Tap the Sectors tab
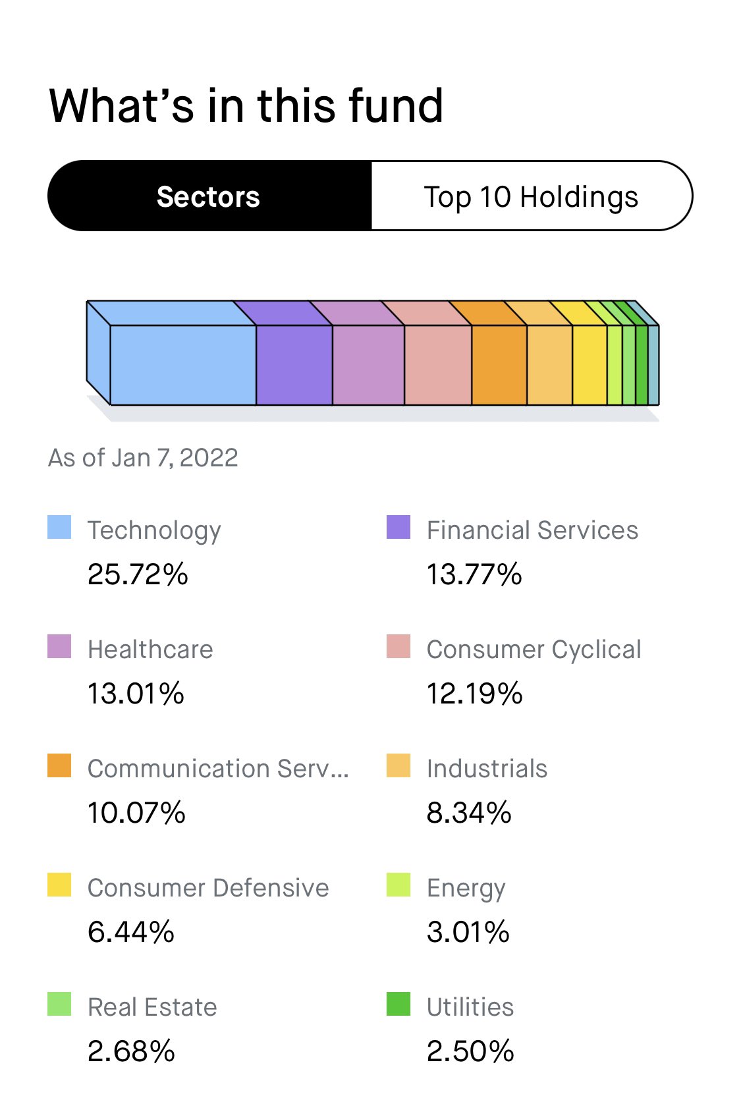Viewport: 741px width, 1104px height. pyautogui.click(x=209, y=196)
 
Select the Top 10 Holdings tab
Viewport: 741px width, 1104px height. pyautogui.click(x=531, y=196)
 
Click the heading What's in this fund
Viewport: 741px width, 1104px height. pyautogui.click(x=246, y=105)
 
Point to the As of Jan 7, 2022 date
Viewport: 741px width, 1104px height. pyautogui.click(x=143, y=458)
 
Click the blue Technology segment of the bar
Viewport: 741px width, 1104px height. pyautogui.click(x=183, y=365)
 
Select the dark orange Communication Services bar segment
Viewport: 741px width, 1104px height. pyautogui.click(x=499, y=365)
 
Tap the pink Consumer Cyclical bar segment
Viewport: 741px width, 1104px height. pyautogui.click(x=438, y=365)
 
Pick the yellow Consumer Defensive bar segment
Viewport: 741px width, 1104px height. pyautogui.click(x=590, y=365)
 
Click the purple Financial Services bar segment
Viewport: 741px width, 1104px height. pyautogui.click(x=294, y=365)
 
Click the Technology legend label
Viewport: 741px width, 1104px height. pyautogui.click(x=154, y=532)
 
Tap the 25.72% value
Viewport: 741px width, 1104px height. pyautogui.click(x=138, y=574)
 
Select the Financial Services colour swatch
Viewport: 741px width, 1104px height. pyautogui.click(x=398, y=527)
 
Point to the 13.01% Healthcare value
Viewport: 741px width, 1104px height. pyautogui.click(x=136, y=694)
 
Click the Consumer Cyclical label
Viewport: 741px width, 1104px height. pyautogui.click(x=534, y=650)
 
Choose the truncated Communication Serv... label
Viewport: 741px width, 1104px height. pyautogui.click(x=218, y=768)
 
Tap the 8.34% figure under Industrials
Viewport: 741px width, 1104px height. pyautogui.click(x=469, y=813)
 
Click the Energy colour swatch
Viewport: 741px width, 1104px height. pyautogui.click(x=398, y=885)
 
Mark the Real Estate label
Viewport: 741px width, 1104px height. pyautogui.click(x=152, y=1007)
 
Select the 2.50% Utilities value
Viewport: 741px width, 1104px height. pyautogui.click(x=470, y=1051)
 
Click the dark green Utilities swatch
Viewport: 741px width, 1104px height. pyautogui.click(x=398, y=1004)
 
